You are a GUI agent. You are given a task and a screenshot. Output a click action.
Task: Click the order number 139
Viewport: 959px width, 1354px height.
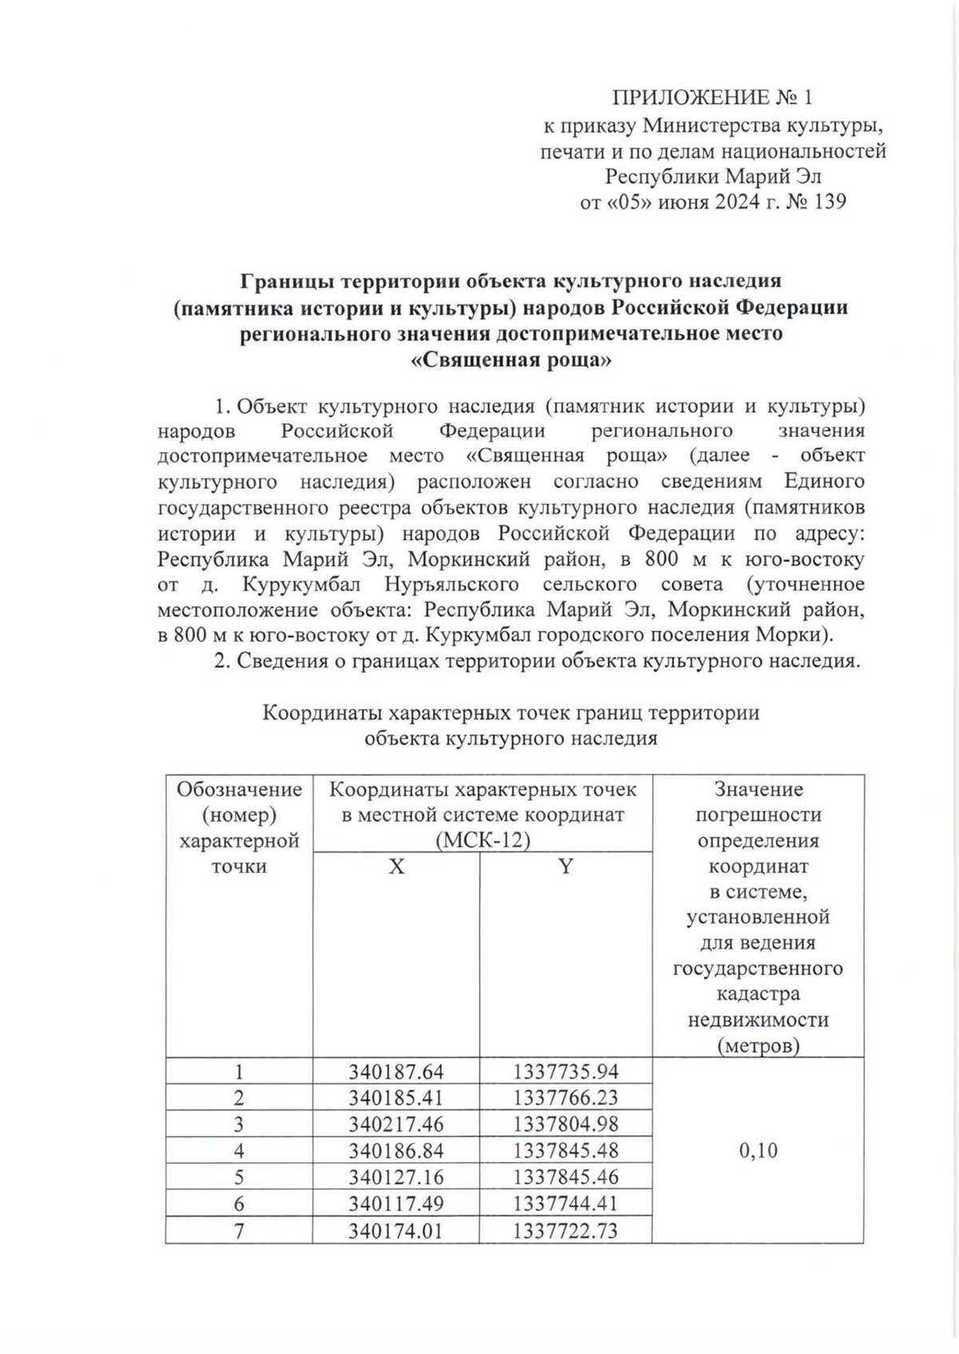tap(828, 201)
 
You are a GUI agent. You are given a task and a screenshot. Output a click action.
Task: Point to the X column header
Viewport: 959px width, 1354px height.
tap(396, 866)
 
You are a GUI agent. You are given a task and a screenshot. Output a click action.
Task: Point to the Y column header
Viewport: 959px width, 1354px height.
tap(566, 866)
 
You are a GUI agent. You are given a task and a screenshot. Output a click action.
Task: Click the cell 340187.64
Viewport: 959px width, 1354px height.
tap(396, 1071)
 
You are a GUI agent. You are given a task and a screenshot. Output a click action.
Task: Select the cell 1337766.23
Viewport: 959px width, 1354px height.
tap(566, 1098)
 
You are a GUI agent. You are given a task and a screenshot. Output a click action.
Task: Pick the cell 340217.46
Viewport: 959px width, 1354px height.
tap(396, 1124)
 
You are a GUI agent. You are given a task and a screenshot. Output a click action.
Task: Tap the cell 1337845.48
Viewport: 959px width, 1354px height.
tap(566, 1150)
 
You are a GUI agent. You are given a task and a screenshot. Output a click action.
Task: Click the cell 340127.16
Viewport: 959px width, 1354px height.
tap(396, 1177)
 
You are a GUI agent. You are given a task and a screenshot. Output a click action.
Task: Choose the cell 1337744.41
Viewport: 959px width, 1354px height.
tap(566, 1203)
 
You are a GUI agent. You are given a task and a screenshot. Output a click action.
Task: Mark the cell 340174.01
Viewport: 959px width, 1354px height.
tap(396, 1230)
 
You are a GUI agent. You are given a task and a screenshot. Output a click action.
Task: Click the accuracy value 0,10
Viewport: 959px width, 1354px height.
tap(758, 1150)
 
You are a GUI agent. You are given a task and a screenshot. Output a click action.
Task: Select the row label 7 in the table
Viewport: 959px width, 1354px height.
tap(239, 1230)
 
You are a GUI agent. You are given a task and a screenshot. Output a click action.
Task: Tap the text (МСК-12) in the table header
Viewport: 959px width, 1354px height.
tap(483, 841)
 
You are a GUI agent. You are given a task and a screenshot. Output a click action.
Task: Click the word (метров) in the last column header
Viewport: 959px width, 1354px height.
tap(758, 1045)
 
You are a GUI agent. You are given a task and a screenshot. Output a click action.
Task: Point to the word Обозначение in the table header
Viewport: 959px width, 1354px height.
tap(240, 789)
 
